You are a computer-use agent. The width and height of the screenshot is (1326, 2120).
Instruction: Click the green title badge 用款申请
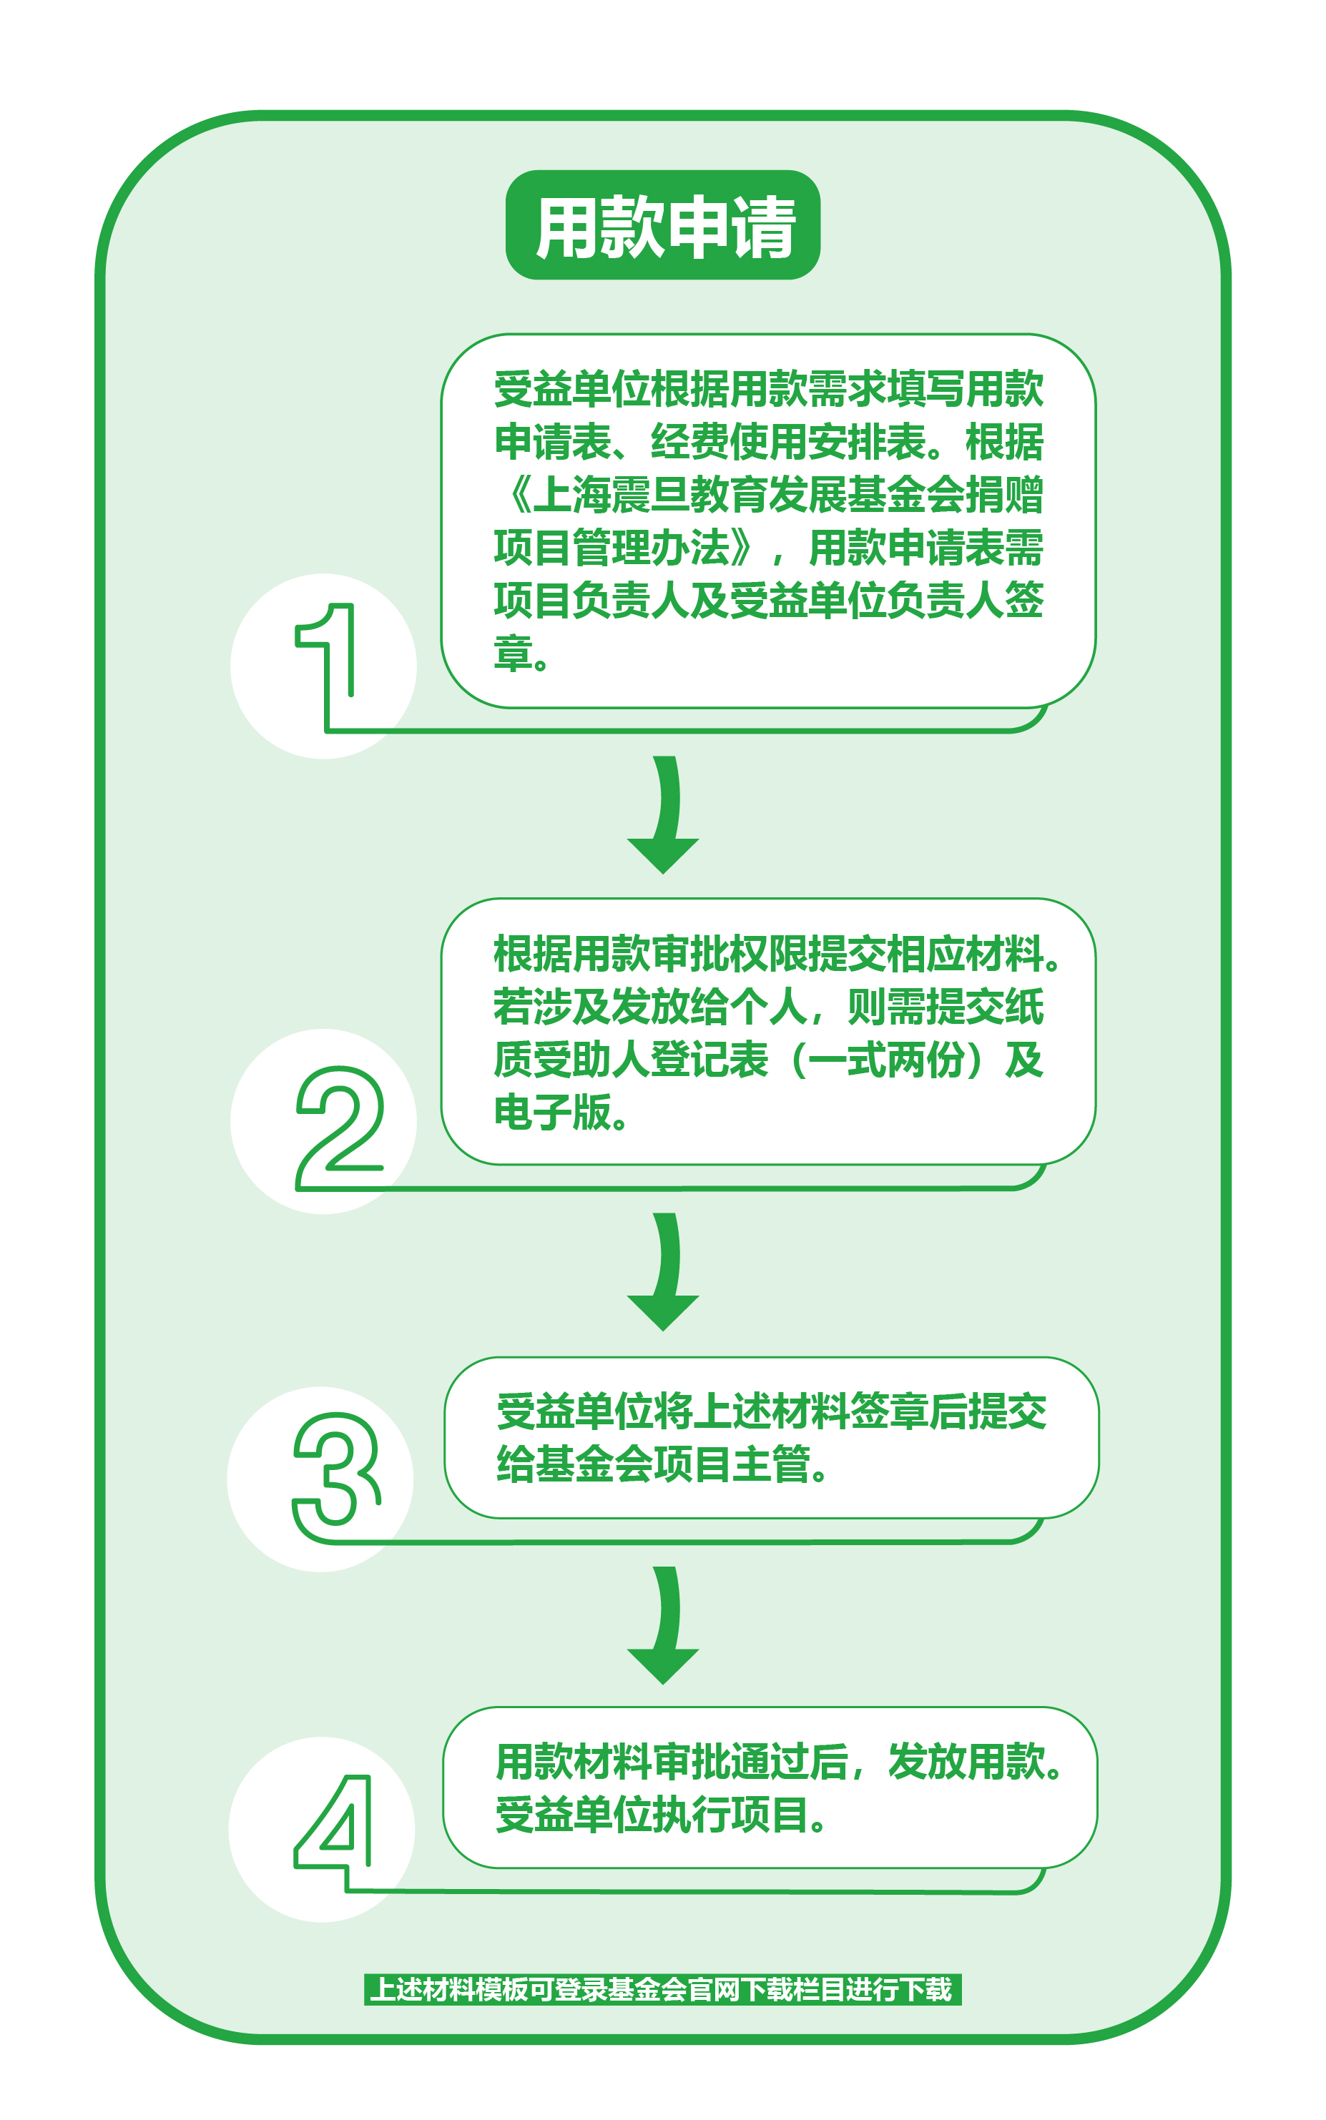click(x=663, y=225)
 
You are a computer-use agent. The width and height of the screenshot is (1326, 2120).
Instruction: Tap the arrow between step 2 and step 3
click(x=664, y=1271)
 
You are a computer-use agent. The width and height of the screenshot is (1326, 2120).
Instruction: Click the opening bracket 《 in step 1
click(x=516, y=496)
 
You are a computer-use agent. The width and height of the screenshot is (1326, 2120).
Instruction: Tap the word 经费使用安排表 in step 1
click(x=790, y=442)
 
